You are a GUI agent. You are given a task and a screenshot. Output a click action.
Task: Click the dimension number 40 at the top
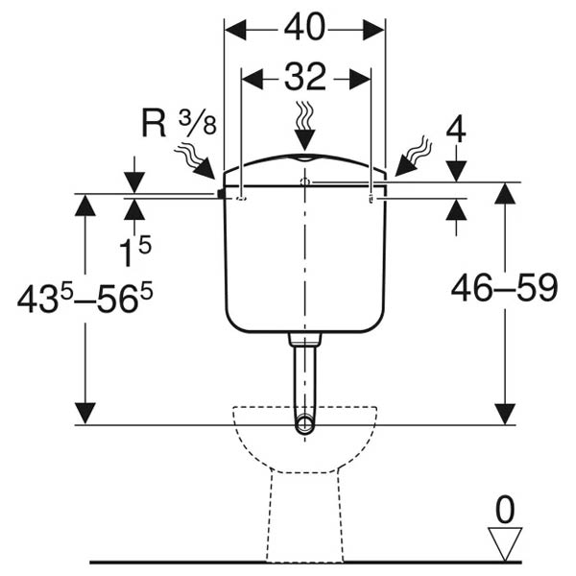304,27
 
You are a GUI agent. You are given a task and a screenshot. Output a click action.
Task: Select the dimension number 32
305,77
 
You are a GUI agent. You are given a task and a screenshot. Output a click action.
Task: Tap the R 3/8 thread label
179,122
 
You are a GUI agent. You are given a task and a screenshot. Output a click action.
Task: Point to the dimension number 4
456,131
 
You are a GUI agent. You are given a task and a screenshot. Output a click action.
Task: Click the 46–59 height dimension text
504,288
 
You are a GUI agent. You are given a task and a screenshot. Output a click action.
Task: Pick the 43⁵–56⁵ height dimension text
84,299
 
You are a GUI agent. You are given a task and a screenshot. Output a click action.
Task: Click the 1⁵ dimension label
135,252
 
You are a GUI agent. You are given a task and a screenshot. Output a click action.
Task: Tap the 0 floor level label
505,510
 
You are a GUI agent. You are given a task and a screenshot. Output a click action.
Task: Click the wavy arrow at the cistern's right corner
413,156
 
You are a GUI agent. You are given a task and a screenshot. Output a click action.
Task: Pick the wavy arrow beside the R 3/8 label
195,161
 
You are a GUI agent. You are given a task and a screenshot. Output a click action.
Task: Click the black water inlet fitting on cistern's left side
221,194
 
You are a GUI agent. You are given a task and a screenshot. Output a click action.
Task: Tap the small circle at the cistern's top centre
305,181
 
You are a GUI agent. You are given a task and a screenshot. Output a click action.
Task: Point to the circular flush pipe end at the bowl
305,423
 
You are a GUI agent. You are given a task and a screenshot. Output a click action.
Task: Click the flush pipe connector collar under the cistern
305,339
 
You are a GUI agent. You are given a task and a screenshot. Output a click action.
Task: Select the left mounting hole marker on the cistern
241,199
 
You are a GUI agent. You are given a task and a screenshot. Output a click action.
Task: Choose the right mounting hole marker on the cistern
371,199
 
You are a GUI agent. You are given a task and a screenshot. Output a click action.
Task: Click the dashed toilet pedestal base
305,517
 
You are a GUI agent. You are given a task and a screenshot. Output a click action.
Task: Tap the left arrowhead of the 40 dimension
235,30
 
